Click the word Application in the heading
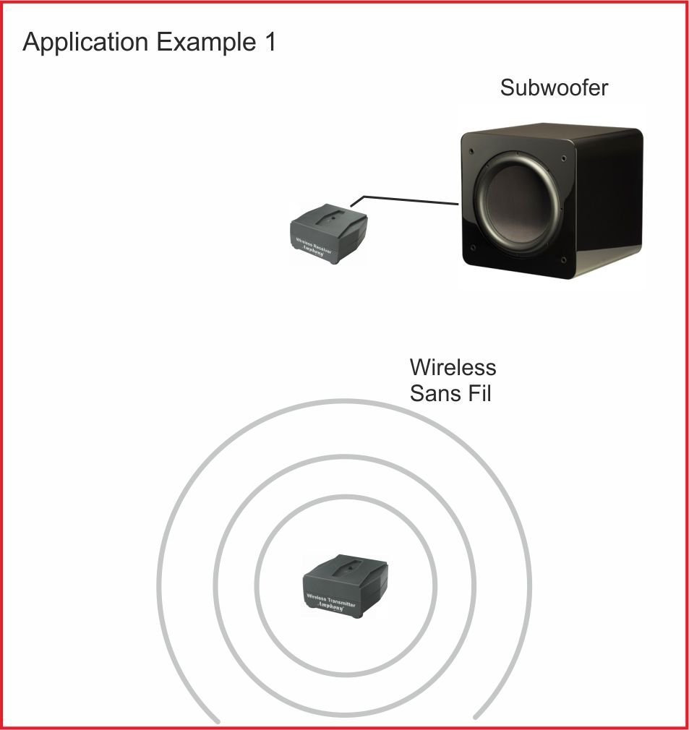pos(85,43)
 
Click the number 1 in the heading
pos(268,42)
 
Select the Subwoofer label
pos(554,88)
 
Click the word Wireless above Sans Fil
pos(453,367)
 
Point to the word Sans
pos(435,394)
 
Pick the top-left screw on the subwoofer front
pos(471,151)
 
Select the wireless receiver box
pos(328,231)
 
